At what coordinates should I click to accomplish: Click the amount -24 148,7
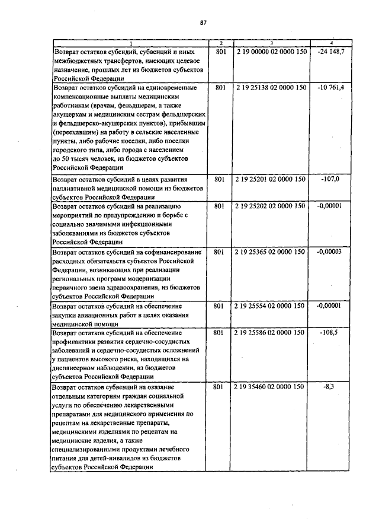click(331, 53)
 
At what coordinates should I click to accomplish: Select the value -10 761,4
click(331, 87)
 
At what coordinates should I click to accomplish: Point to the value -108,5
click(331, 333)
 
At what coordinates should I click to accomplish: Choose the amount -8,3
click(331, 386)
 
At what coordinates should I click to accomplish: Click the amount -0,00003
click(331, 252)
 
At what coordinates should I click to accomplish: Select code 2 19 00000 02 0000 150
click(271, 53)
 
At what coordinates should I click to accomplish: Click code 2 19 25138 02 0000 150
click(271, 87)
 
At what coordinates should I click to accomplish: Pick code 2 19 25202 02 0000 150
click(271, 206)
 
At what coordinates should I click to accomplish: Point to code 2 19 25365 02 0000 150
click(271, 252)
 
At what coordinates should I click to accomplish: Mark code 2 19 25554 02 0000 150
click(271, 306)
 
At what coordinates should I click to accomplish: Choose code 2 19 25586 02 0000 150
click(271, 333)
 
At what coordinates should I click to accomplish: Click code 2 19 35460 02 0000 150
click(271, 386)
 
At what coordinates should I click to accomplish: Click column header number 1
click(131, 43)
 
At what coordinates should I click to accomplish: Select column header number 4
click(331, 43)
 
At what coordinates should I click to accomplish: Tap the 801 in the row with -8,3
click(219, 386)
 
